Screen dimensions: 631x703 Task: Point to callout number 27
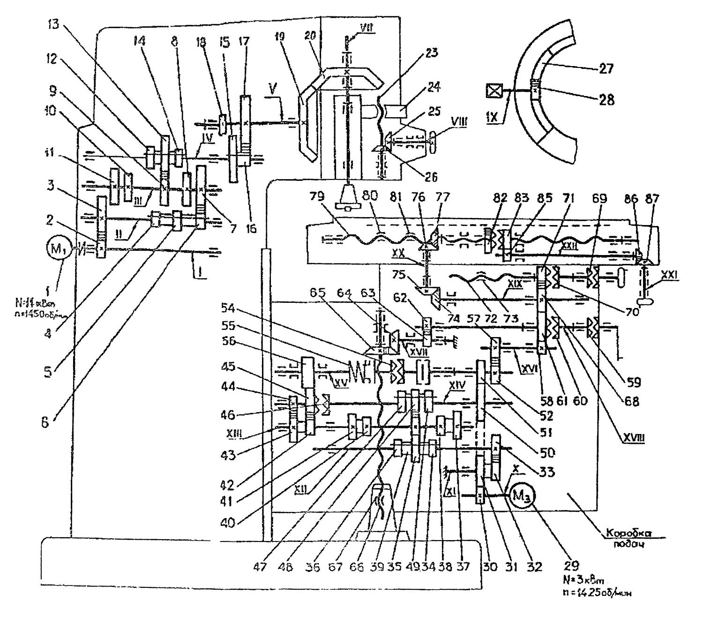pyautogui.click(x=606, y=69)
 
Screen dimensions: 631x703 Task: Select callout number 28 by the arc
pyautogui.click(x=606, y=99)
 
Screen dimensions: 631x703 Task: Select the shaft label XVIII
pyautogui.click(x=634, y=438)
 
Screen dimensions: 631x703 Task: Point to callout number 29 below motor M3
pyautogui.click(x=571, y=566)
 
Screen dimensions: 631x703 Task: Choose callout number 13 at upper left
pyautogui.click(x=53, y=23)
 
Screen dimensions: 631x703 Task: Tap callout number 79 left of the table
pyautogui.click(x=317, y=196)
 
